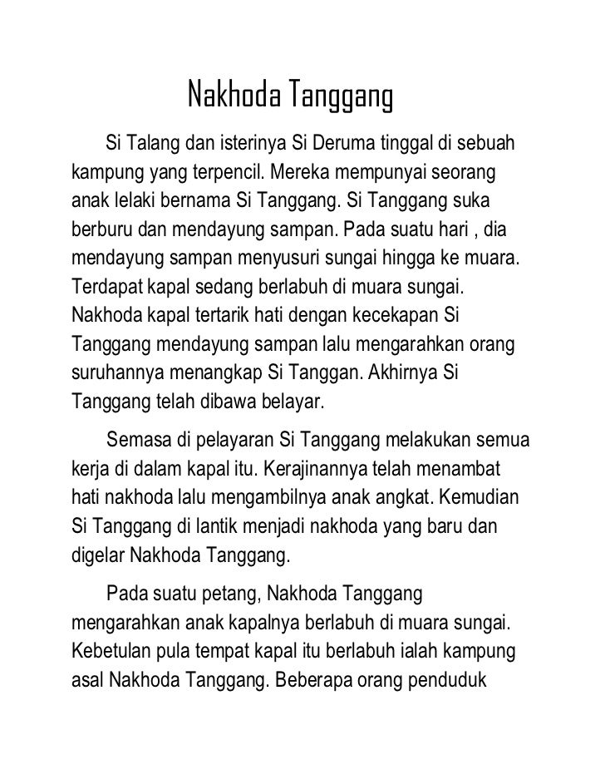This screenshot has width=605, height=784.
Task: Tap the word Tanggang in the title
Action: [x=340, y=98]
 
